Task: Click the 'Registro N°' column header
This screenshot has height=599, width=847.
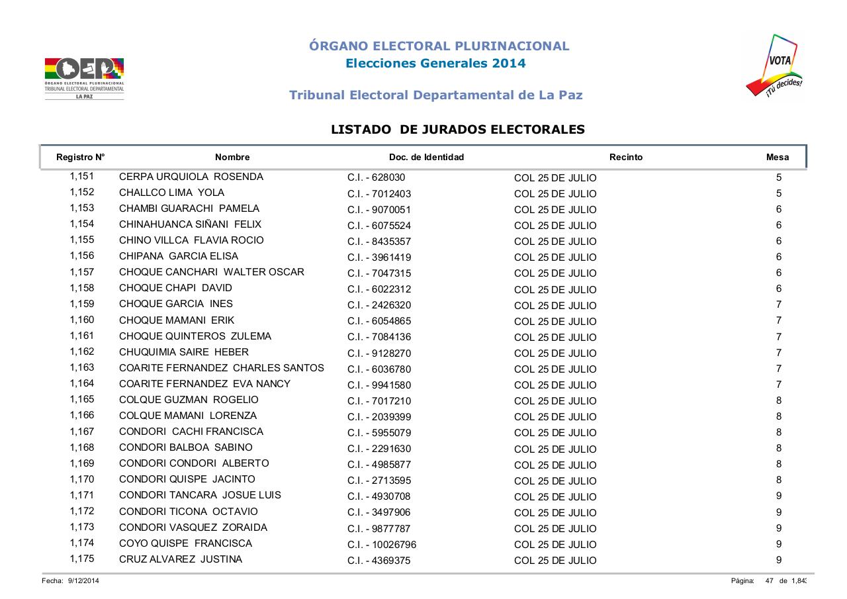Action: pos(81,158)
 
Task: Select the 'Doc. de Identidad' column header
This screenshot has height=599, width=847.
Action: pos(426,158)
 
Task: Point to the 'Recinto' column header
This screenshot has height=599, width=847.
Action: pos(625,158)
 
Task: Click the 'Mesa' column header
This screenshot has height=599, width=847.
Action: pos(777,158)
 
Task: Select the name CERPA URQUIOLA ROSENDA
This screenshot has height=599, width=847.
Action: pos(191,177)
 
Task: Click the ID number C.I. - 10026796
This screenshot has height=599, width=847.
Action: pos(382,545)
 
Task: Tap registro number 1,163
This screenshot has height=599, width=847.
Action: pos(82,368)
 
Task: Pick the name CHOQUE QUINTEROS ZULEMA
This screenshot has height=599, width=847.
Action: pos(195,336)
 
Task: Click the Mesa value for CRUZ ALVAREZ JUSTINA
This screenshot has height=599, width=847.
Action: pos(779,560)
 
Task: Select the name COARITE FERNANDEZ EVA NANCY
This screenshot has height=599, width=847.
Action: pos(204,384)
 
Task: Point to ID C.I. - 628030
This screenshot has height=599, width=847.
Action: pos(376,178)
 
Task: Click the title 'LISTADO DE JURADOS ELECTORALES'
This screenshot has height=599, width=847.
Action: pos(458,130)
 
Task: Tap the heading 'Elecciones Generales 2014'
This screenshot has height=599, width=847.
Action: pos(435,64)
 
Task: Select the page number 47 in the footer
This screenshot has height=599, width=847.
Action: pos(770,581)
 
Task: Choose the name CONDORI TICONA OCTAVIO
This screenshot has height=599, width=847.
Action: pos(189,512)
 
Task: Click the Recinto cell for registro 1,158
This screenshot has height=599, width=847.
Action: pos(555,289)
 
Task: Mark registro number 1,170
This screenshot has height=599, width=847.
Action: pos(82,480)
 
